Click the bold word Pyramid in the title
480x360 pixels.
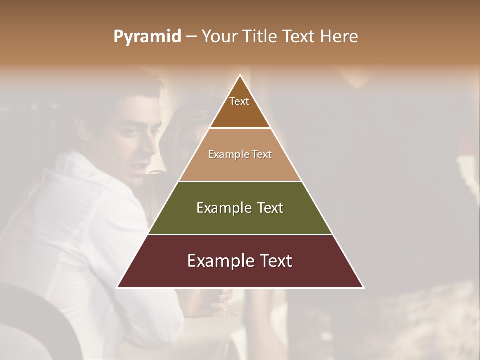coord(147,37)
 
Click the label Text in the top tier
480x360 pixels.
coord(239,101)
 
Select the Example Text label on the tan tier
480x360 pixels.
coord(240,154)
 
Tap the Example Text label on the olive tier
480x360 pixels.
coord(240,208)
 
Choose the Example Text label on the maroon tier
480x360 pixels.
coord(240,261)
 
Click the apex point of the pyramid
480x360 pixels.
coord(240,75)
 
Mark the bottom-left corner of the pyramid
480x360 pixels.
coord(117,287)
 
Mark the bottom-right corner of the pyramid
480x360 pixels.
coord(363,287)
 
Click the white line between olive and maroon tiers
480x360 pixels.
coord(240,234)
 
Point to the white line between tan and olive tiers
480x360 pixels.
coord(240,181)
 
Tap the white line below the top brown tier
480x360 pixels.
coord(240,128)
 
